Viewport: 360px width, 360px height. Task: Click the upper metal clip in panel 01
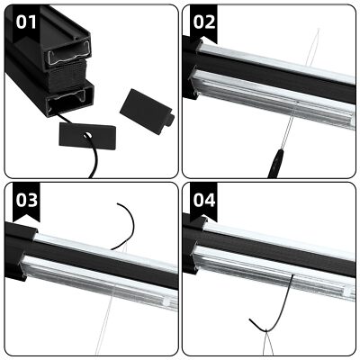pyautogui.click(x=64, y=61)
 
